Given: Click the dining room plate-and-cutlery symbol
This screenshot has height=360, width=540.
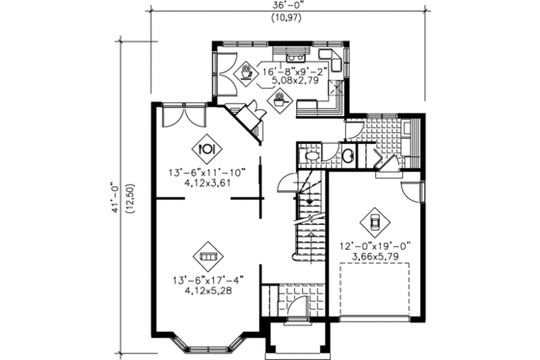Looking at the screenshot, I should (205, 150).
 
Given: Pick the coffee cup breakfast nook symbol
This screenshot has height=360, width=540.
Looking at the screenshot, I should (248, 70).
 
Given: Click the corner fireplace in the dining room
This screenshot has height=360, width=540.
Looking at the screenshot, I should (249, 121).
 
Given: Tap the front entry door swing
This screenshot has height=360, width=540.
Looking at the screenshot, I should (298, 308).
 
